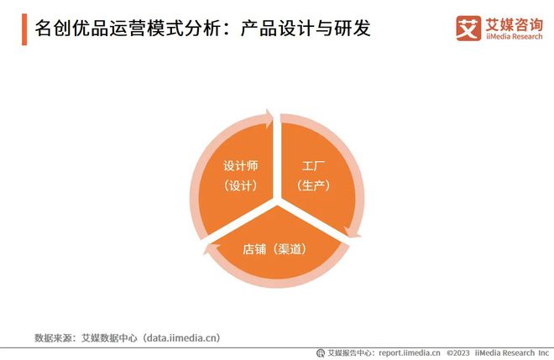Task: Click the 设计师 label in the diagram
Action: [x=239, y=165]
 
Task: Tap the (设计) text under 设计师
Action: [x=239, y=185]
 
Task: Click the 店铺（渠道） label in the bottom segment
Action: [x=274, y=248]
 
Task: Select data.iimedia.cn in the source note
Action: [x=180, y=337]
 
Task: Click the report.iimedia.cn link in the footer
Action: [x=409, y=353]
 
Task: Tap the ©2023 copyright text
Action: [x=461, y=353]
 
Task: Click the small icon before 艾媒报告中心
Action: [x=320, y=353]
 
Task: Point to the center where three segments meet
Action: [x=275, y=201]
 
